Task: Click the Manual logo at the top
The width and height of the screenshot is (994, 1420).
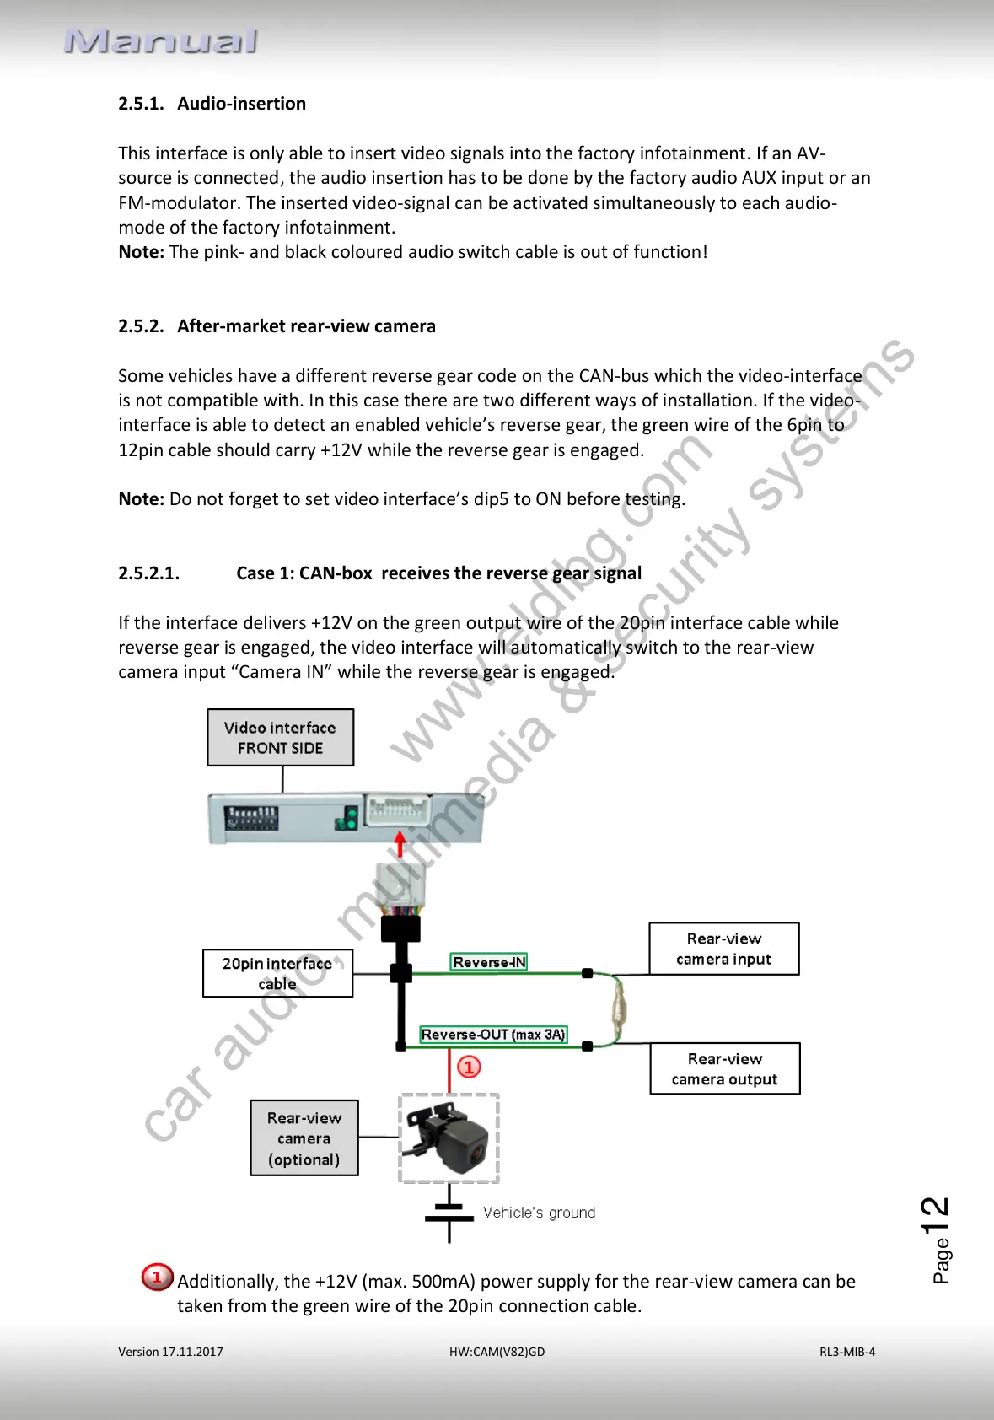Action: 160,40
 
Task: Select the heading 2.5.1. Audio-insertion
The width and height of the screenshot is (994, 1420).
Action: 212,104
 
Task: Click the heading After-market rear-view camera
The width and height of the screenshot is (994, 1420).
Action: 277,326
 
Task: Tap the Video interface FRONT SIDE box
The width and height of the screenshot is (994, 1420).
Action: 280,738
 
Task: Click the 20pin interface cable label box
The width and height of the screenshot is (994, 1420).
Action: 277,973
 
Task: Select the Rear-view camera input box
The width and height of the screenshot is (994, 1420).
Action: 723,949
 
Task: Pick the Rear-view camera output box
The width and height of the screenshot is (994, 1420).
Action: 724,1069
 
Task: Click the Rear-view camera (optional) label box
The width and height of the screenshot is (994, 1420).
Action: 304,1138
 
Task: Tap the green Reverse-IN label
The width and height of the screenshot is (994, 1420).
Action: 489,962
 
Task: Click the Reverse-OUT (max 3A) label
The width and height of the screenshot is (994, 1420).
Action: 493,1035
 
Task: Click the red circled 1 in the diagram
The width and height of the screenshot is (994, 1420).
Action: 469,1068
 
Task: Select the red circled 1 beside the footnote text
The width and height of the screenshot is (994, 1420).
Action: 157,1277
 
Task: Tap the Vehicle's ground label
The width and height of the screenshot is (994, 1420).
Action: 539,1213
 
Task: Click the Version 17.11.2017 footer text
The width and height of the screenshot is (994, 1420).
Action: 170,1352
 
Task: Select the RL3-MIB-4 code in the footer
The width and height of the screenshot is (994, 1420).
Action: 847,1352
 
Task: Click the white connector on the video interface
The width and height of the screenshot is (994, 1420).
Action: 398,812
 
